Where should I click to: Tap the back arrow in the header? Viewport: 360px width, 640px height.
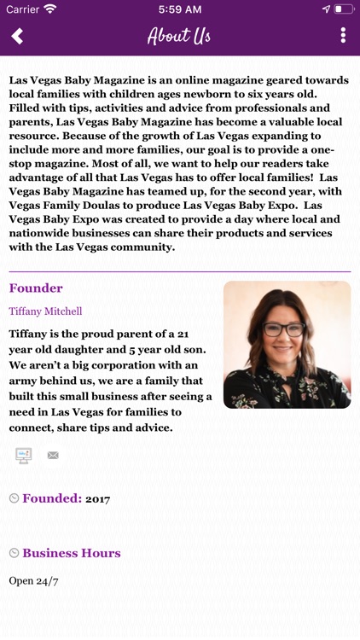pos(17,36)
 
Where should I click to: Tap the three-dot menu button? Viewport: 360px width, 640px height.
pos(343,36)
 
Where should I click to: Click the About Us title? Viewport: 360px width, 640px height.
pos(179,36)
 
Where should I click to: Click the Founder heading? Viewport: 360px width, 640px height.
pos(36,288)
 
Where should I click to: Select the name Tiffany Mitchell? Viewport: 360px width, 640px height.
pos(45,311)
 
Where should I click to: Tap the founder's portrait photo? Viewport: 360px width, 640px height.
pos(287,345)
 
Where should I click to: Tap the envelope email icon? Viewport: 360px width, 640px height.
pos(53,456)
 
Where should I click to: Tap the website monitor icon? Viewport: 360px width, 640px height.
pos(24,456)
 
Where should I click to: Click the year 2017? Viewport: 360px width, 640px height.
pos(97,499)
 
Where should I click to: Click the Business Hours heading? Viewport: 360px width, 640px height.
pos(72,553)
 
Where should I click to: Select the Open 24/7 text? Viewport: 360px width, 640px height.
pos(33,581)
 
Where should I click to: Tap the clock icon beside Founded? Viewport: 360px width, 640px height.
pos(14,498)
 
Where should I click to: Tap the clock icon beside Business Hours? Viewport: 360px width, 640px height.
pos(14,553)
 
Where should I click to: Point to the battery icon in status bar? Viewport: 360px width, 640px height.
pos(343,9)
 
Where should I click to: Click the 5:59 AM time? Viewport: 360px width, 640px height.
pos(179,9)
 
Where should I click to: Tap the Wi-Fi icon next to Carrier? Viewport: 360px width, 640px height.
pos(50,9)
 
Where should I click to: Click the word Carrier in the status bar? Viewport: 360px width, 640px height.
pos(22,9)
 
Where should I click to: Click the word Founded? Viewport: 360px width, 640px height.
pos(52,498)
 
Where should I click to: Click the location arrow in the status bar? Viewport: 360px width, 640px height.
pos(325,9)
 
